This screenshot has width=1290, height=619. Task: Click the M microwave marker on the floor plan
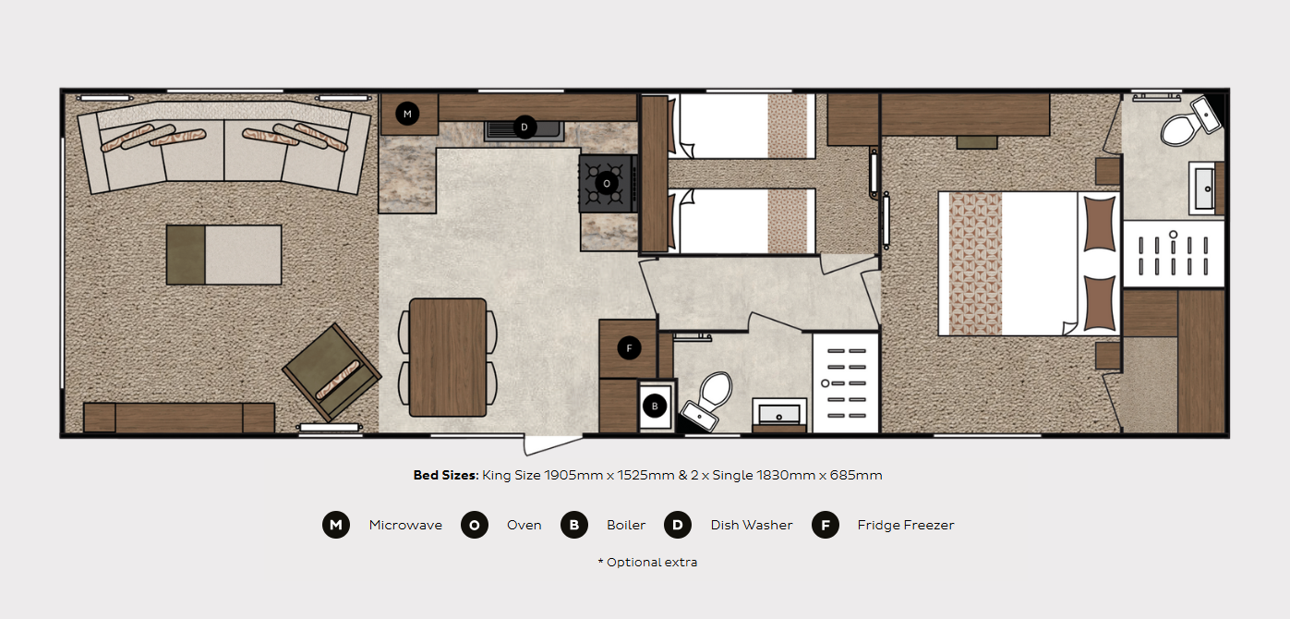tap(407, 114)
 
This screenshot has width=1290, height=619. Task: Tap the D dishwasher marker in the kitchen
tap(524, 127)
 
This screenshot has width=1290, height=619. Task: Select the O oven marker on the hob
tap(606, 183)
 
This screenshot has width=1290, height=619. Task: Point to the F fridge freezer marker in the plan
tap(629, 348)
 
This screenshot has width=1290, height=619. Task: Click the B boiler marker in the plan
tap(654, 406)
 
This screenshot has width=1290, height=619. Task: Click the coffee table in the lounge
tap(224, 255)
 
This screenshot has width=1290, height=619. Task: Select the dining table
tap(448, 358)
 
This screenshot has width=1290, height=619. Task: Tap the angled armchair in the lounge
tap(332, 372)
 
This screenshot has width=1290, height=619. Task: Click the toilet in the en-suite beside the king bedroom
tap(1189, 123)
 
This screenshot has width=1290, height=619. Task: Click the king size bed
tap(1029, 263)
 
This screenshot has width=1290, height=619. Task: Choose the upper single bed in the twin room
tap(742, 127)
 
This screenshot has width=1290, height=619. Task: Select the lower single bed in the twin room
tap(742, 221)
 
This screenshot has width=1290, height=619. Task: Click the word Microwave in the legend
tap(405, 525)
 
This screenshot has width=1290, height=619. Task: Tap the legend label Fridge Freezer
tap(905, 525)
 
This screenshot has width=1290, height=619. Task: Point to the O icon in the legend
tap(475, 525)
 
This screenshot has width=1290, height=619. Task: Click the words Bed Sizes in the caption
tap(446, 475)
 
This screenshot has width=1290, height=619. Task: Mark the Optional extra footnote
tap(647, 562)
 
